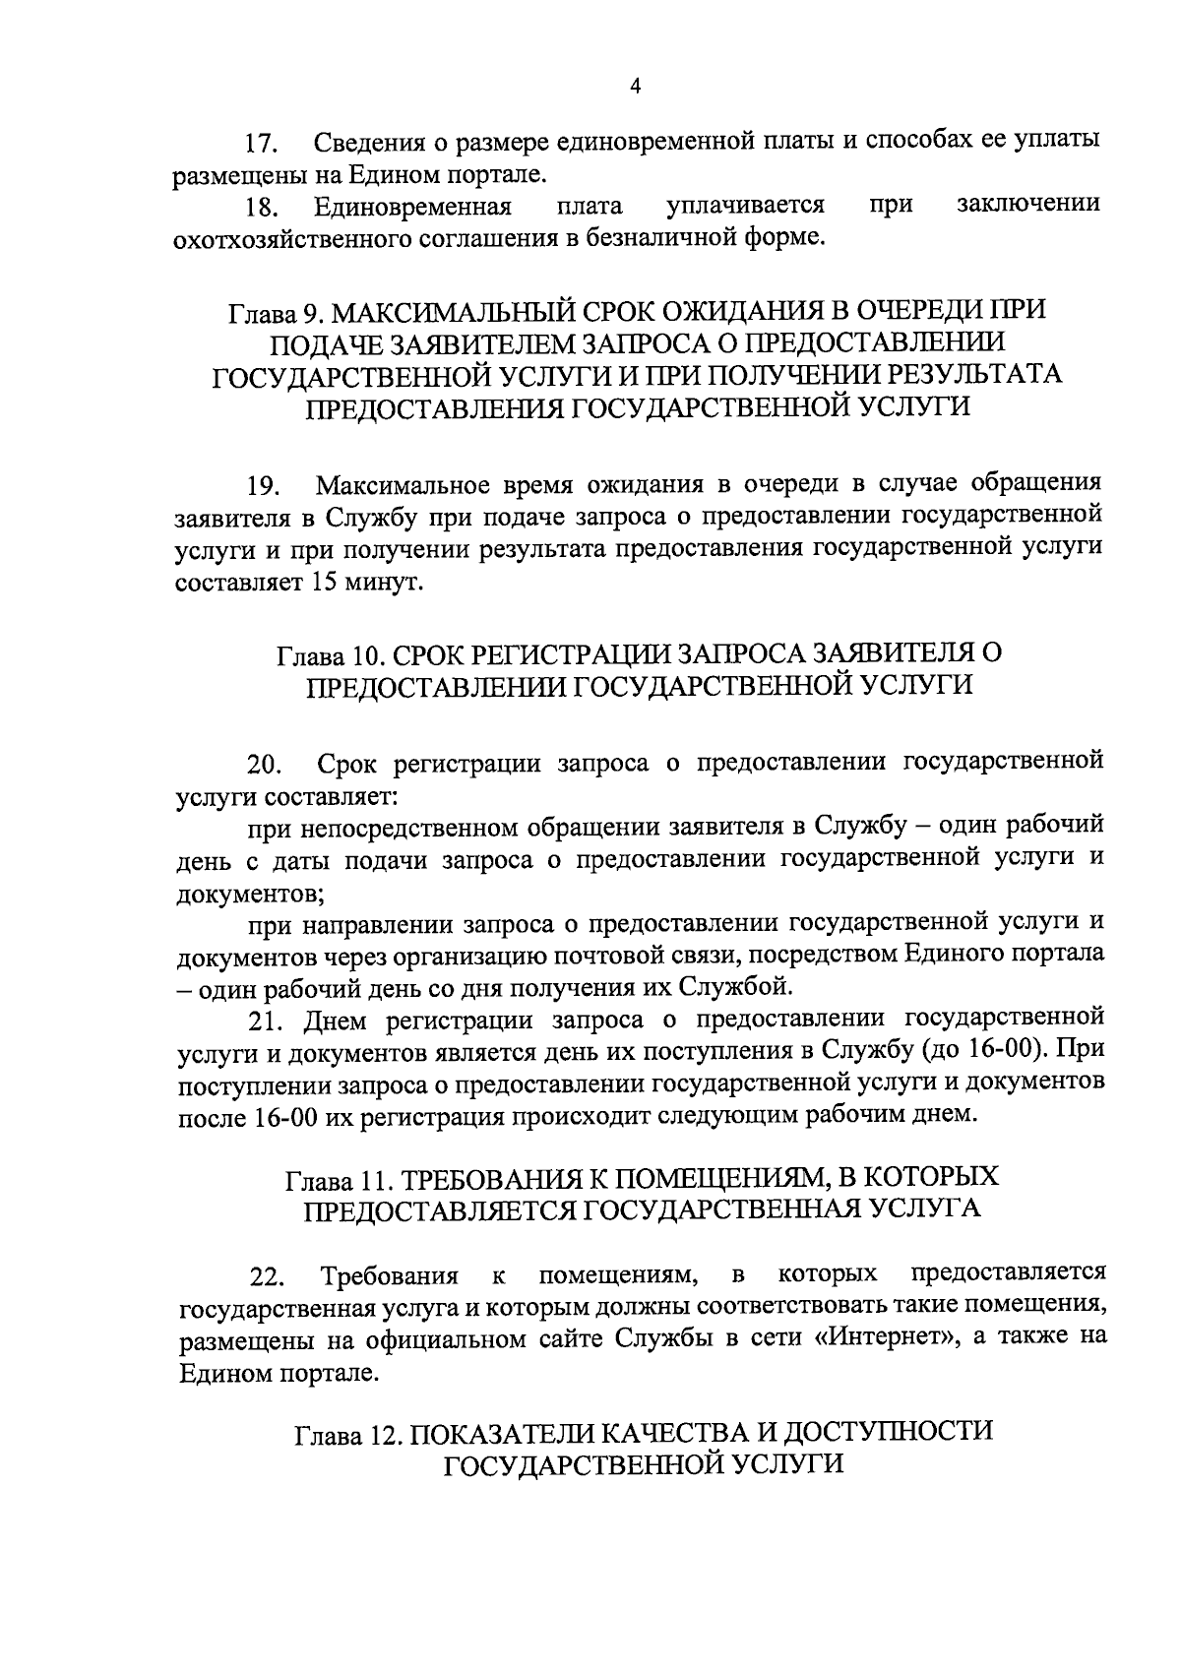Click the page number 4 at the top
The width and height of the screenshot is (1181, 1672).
[x=635, y=87]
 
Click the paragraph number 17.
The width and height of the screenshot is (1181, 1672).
[x=263, y=145]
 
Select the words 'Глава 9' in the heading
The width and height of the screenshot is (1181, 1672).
[x=274, y=313]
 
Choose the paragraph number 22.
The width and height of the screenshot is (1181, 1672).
[x=264, y=1278]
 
